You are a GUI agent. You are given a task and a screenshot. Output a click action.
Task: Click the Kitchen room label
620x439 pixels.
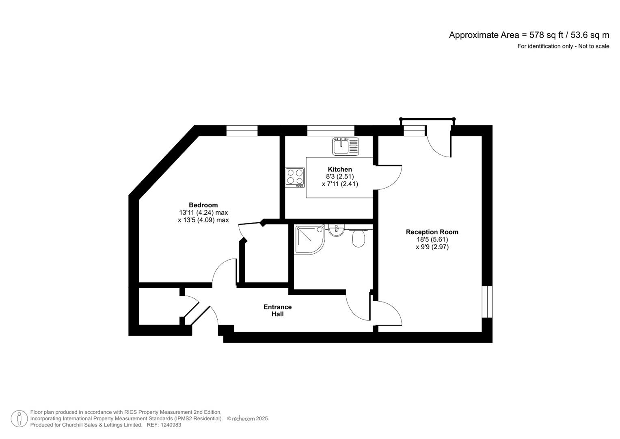coord(340,169)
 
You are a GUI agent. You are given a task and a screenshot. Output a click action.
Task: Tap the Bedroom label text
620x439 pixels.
coord(203,205)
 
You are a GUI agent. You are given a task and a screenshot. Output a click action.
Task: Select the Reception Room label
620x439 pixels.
coord(432,232)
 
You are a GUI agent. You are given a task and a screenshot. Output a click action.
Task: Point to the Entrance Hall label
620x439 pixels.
coord(277,310)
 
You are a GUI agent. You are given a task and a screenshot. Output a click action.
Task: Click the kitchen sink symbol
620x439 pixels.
coord(346,146)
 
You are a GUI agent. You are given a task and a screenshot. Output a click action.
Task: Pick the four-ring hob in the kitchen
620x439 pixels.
coord(295,177)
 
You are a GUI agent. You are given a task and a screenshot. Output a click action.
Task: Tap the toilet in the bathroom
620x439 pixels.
coord(359,238)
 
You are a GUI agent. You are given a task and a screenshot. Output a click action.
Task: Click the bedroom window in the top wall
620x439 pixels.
coord(242,130)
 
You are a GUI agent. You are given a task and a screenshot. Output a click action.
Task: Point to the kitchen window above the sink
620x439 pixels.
coord(331,130)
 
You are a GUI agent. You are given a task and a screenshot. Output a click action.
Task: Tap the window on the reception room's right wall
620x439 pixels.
coord(487,302)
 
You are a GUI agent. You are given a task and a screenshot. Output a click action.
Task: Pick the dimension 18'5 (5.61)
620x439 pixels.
coord(432,239)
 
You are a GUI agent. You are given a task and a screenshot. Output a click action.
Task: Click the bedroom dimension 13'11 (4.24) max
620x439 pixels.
coord(203,213)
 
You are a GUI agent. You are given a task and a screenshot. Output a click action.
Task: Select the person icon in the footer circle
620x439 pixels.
coord(19,419)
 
